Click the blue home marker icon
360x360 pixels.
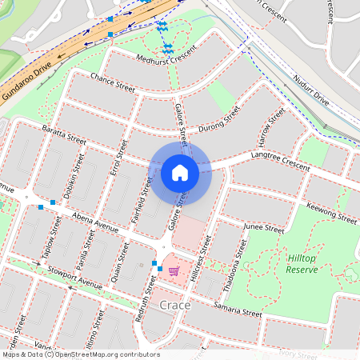[180, 172]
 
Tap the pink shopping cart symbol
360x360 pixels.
[174, 271]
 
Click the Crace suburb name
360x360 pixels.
[174, 306]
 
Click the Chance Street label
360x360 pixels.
[113, 81]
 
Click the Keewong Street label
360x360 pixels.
[331, 212]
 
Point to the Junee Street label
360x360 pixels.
[264, 228]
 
